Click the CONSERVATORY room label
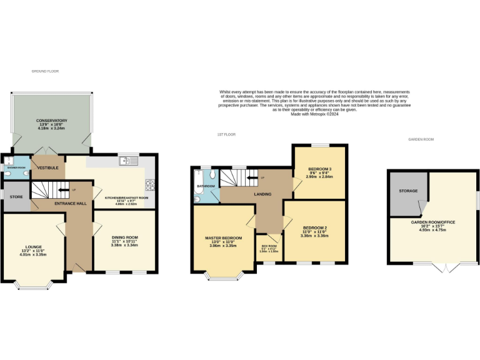[x=51, y=121]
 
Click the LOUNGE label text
[x=33, y=246]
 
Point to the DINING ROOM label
[x=124, y=237]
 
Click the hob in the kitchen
[x=150, y=184]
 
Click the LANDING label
[x=262, y=194]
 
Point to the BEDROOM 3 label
[x=319, y=169]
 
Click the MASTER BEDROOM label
[x=223, y=238]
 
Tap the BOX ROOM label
[x=269, y=247]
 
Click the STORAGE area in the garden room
[x=409, y=191]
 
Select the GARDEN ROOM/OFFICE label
[x=432, y=222]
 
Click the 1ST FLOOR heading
[x=226, y=134]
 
